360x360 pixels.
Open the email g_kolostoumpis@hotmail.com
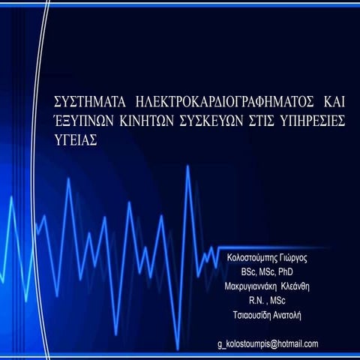[x=267, y=344]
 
